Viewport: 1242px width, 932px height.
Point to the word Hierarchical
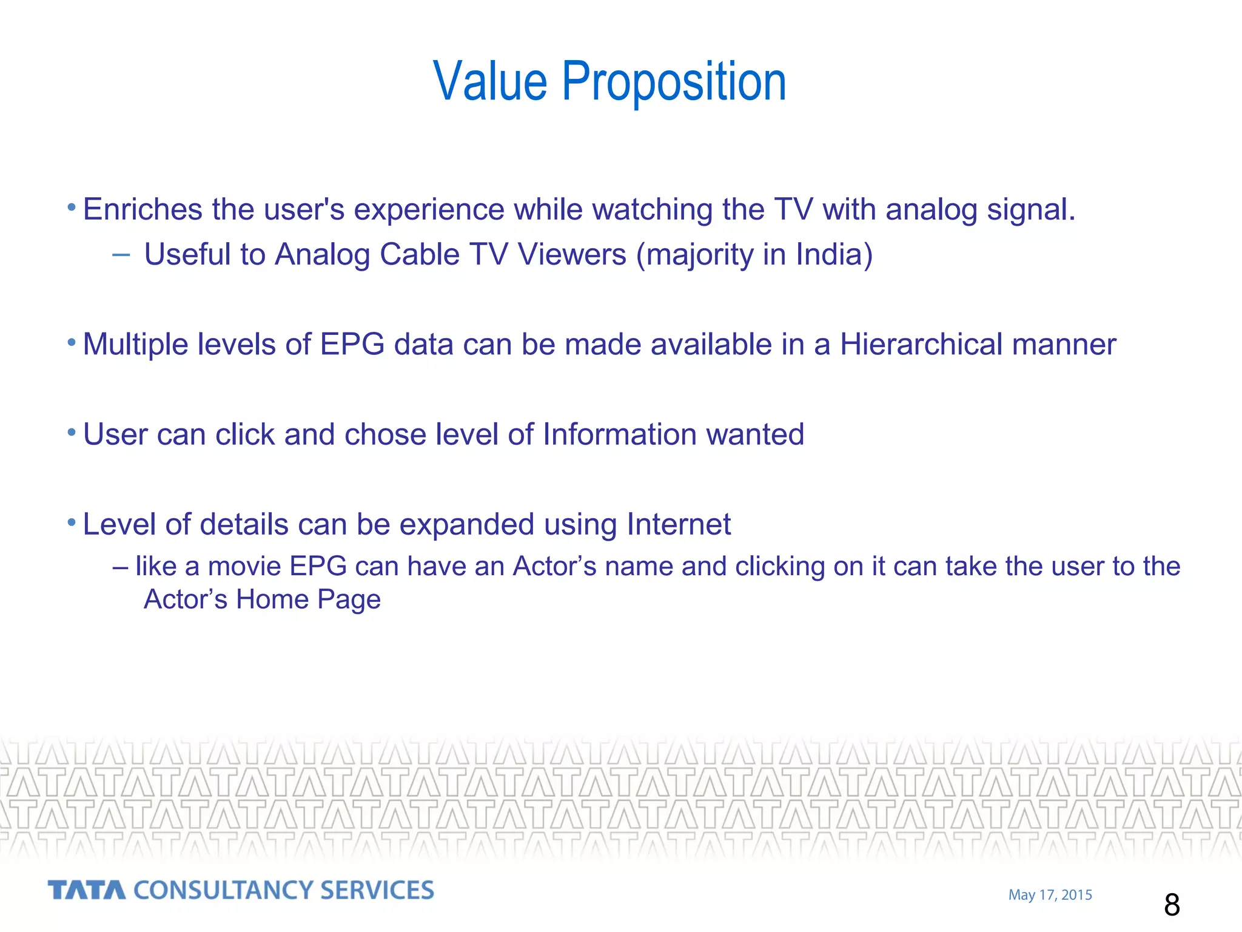tap(921, 345)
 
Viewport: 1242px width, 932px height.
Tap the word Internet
tap(679, 524)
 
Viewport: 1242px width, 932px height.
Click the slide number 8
tap(1172, 905)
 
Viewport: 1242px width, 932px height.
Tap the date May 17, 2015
tap(1050, 895)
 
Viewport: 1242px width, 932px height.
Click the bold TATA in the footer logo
tap(87, 890)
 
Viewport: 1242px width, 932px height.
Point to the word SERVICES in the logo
tap(377, 890)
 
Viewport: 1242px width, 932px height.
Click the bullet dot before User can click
tap(72, 433)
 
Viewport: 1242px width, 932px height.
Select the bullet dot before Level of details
tap(72, 522)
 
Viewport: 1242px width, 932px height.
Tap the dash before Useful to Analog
tap(121, 255)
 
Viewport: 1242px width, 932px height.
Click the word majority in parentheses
tap(700, 255)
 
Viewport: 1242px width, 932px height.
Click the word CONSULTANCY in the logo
tap(223, 890)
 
